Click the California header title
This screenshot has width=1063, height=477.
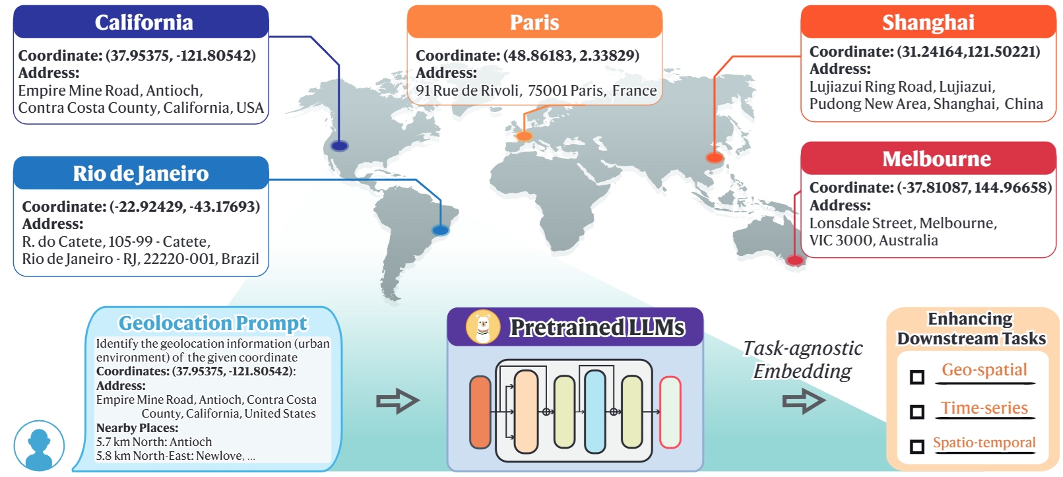point(144,22)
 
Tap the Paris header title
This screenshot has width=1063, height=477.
point(534,22)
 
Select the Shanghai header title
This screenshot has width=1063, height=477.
point(928,22)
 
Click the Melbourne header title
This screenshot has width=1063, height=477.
point(936,158)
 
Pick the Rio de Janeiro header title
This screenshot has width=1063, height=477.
point(141,174)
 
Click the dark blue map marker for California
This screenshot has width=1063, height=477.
point(339,146)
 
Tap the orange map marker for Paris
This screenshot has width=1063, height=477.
point(524,136)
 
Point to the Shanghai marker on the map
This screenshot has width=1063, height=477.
point(714,157)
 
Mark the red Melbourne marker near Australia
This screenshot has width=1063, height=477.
point(795,260)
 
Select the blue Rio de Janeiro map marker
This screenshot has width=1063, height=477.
point(440,231)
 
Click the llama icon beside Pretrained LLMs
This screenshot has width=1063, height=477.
point(483,327)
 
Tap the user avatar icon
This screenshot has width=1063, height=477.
point(39,446)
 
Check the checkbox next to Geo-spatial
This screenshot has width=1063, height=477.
point(917,377)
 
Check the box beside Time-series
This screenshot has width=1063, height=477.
point(917,412)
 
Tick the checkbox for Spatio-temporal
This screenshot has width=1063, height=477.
point(917,447)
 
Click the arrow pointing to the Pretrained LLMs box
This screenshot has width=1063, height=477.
point(398,402)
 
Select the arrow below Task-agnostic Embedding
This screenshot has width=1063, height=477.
point(804,402)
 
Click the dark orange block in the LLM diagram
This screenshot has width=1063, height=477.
point(480,412)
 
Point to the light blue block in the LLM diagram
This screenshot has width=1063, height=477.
point(595,412)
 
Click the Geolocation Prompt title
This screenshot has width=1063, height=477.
point(213,323)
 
